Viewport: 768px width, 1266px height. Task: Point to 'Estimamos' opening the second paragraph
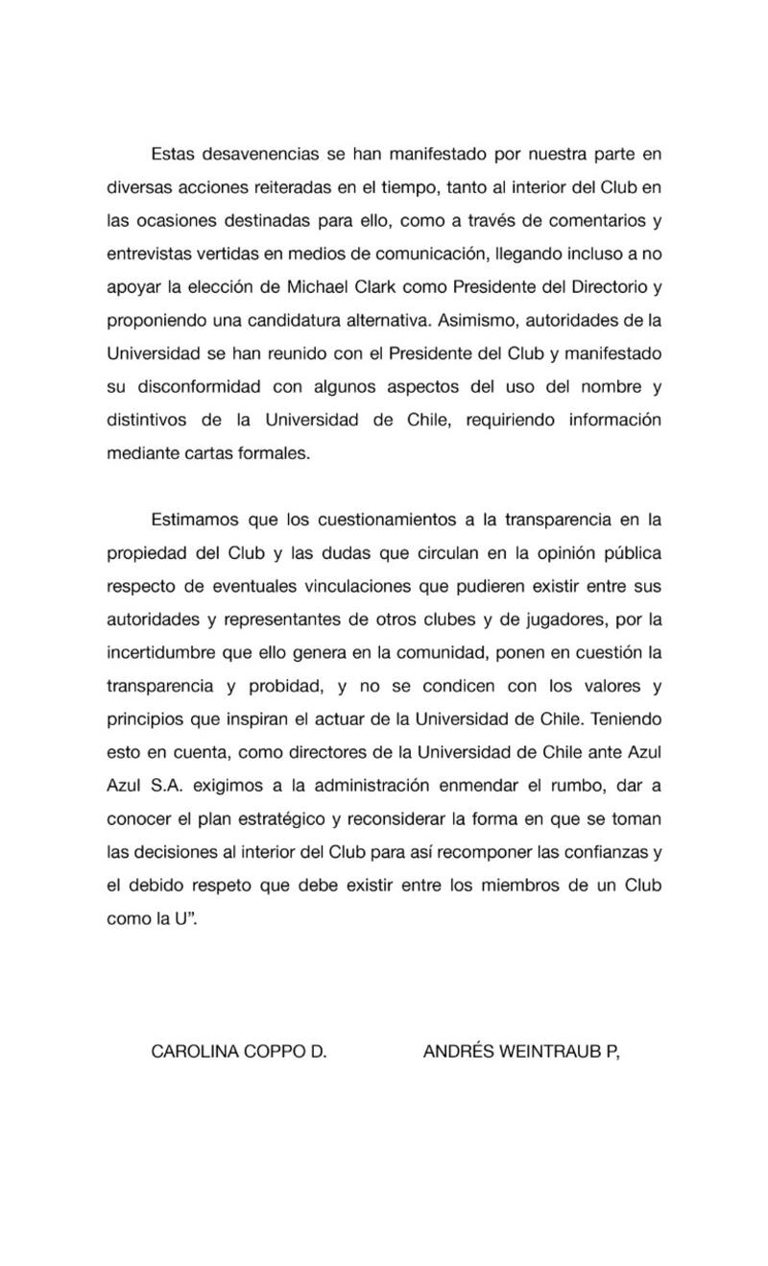[196, 521]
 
